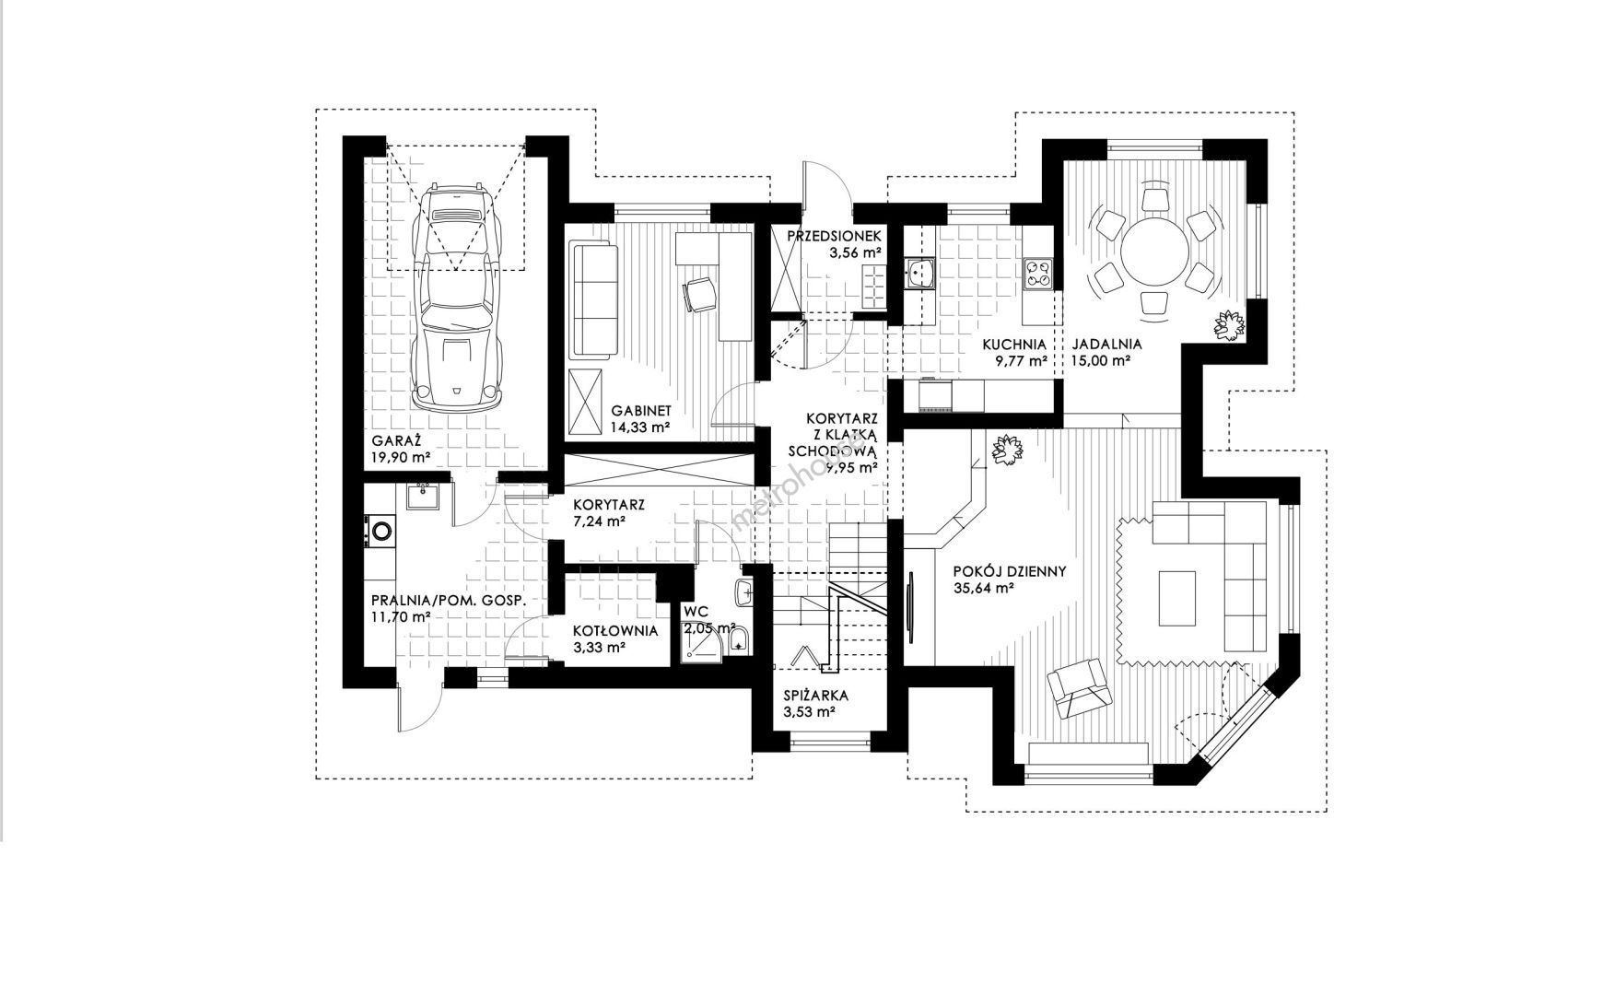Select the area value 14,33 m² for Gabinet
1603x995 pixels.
point(639,427)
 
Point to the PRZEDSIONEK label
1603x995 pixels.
point(836,236)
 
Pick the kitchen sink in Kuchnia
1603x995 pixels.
point(919,273)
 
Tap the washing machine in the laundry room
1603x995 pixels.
point(380,531)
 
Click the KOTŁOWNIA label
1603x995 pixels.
point(615,631)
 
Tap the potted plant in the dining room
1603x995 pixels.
point(1229,324)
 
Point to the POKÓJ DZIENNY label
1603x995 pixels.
point(1010,571)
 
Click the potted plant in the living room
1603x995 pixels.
point(1008,451)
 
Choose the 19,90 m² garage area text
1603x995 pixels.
point(402,457)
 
